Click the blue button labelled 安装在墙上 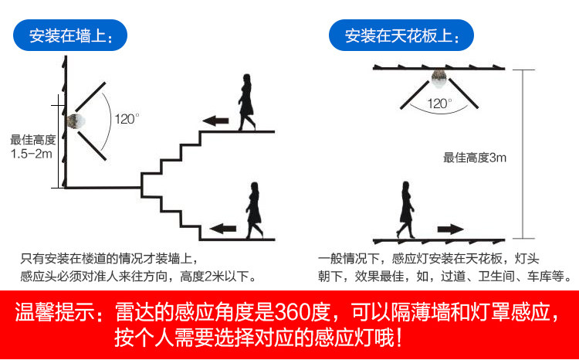coord(70,36)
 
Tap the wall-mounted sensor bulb coord(76,121)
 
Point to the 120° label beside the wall coord(126,119)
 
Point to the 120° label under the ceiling coord(438,102)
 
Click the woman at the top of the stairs coord(246,101)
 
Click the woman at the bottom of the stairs coord(253,209)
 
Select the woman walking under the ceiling coord(405,209)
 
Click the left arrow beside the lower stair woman coord(223,228)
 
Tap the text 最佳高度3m coord(474,158)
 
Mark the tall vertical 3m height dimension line coord(524,155)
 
